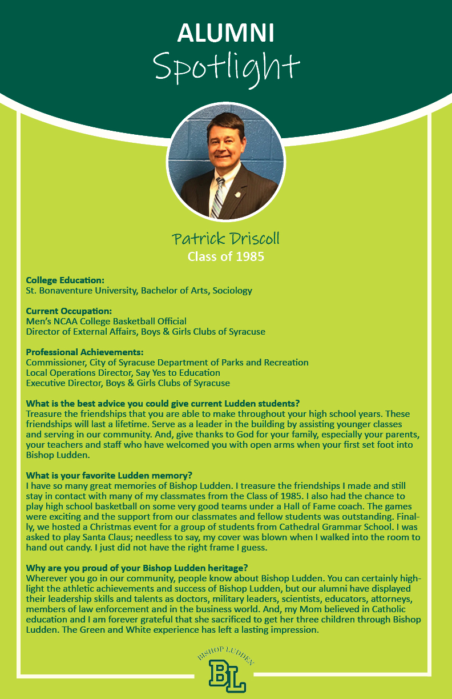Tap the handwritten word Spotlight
click(x=226, y=67)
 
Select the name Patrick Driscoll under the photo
click(x=225, y=238)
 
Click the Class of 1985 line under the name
click(x=225, y=256)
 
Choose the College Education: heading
click(x=65, y=280)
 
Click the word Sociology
click(x=231, y=291)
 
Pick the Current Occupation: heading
click(x=68, y=311)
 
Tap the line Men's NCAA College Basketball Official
click(x=106, y=322)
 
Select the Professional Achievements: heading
click(x=84, y=352)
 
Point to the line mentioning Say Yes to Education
click(x=123, y=373)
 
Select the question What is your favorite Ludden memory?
click(x=109, y=475)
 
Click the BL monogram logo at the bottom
click(x=227, y=676)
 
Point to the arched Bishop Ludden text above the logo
click(x=226, y=656)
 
